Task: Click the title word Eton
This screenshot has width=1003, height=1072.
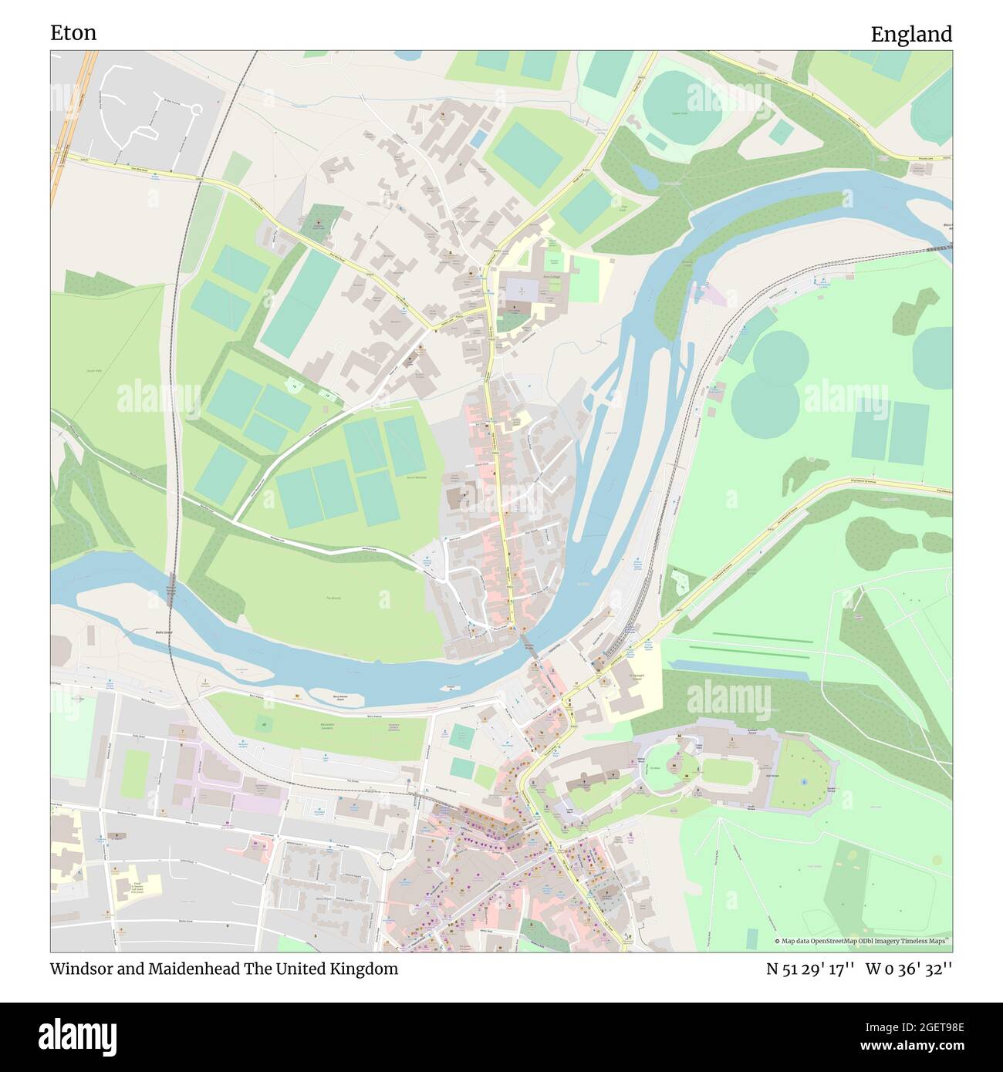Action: point(73,32)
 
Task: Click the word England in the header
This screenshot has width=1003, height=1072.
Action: point(910,34)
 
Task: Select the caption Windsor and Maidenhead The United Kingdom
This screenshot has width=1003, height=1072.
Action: point(225,969)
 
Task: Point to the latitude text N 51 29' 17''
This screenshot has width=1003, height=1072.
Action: point(809,969)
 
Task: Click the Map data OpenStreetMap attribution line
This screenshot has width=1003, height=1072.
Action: point(862,941)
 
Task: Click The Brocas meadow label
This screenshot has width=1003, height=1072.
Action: point(333,598)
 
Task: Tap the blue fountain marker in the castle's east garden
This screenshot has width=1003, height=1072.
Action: point(804,781)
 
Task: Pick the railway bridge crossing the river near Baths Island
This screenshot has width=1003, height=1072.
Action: point(171,591)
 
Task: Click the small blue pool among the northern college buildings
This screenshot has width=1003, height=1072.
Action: point(478,139)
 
